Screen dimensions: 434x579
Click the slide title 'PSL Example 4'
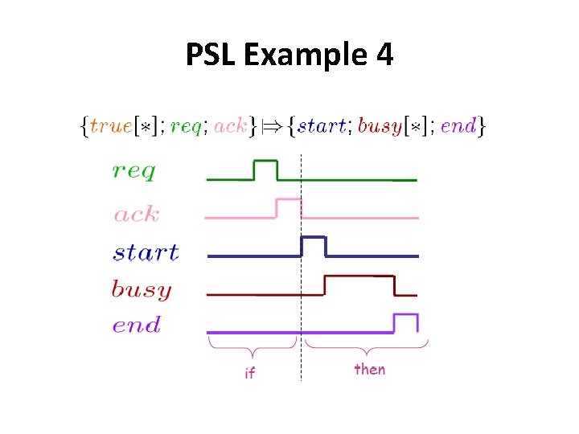tap(289, 55)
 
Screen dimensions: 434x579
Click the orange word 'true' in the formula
tap(113, 125)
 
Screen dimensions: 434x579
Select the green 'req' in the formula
tap(186, 127)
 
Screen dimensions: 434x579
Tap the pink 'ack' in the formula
tap(230, 125)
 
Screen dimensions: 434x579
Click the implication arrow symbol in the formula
tap(277, 125)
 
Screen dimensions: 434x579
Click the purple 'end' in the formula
tap(459, 125)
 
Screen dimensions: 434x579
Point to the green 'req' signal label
tap(134, 171)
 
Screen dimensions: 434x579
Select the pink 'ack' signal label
tap(137, 215)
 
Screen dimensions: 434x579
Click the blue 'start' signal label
tap(146, 252)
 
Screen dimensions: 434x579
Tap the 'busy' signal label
tap(142, 289)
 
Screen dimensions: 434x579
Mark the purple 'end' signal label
tap(137, 325)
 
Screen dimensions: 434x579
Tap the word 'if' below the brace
tap(249, 373)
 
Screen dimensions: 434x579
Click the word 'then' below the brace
tap(370, 369)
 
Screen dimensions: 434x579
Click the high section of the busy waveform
tap(359, 277)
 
